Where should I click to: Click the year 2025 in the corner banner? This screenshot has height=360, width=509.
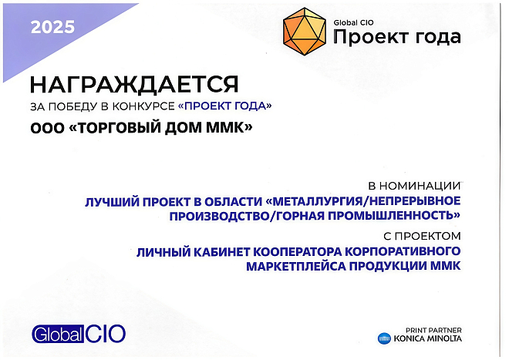tap(53, 28)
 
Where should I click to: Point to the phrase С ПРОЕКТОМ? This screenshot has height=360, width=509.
tap(421, 234)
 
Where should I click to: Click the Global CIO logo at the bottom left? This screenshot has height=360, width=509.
tap(78, 334)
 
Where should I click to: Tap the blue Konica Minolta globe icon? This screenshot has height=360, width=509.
tap(384, 338)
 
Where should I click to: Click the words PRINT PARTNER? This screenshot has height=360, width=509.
tap(434, 330)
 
